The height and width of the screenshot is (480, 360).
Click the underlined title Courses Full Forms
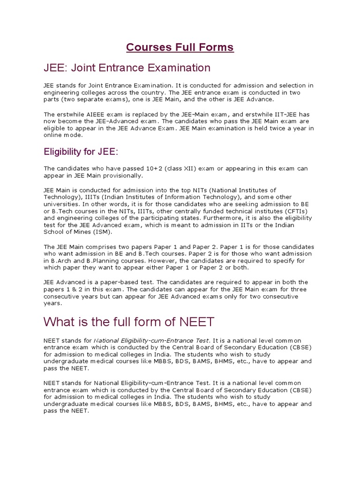[180, 47]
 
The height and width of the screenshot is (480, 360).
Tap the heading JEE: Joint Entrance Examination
[127, 68]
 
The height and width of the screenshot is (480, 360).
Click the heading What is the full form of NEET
[129, 322]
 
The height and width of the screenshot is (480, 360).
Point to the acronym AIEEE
[91, 114]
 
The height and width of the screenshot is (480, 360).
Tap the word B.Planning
[97, 261]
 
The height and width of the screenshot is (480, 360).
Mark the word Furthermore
[222, 218]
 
